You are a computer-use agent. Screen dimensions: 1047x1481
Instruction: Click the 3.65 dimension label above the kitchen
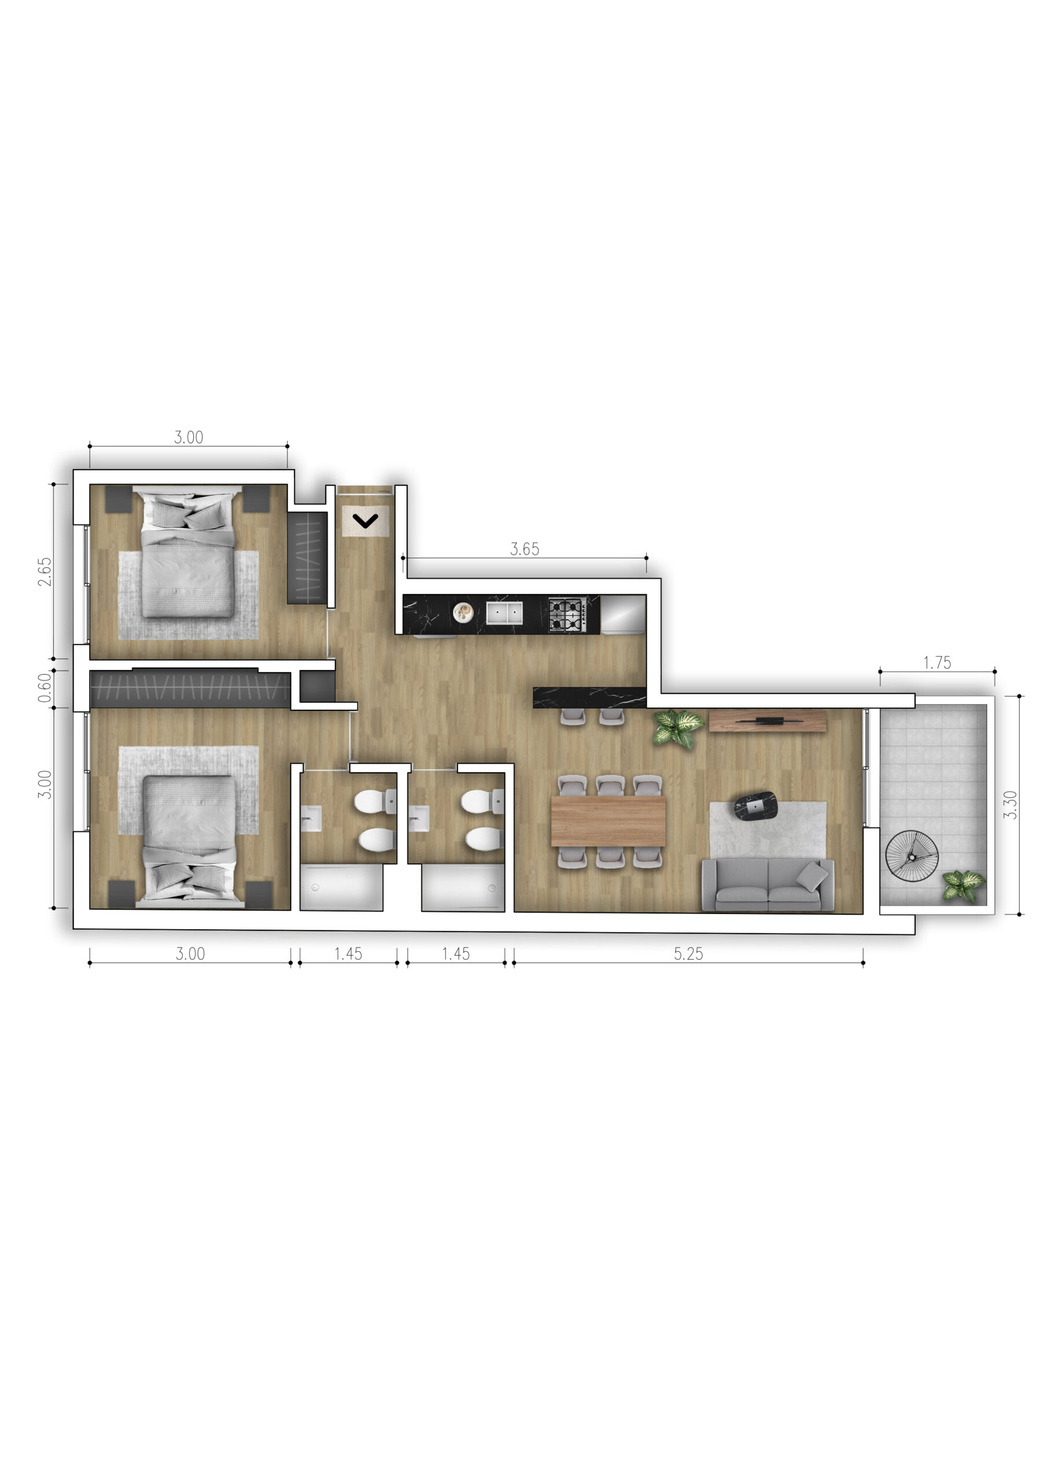pos(525,549)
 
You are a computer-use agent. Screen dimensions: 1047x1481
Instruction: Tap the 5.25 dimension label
pos(688,953)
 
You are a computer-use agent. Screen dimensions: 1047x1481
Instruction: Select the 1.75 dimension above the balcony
pos(937,662)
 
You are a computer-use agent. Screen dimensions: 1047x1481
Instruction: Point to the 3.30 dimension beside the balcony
pos(1011,805)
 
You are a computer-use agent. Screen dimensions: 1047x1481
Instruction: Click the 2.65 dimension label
pos(44,572)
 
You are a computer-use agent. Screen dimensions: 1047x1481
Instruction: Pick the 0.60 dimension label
pos(44,688)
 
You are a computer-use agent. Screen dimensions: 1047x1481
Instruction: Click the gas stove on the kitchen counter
pos(567,614)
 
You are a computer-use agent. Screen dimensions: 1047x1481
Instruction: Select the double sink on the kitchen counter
pos(504,613)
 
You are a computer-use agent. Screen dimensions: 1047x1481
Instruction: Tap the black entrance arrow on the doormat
pos(366,521)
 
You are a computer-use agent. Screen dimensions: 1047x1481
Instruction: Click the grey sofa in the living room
pos(768,885)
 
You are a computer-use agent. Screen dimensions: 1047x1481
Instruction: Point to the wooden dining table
pos(609,820)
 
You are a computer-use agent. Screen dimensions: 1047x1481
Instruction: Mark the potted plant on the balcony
pos(964,885)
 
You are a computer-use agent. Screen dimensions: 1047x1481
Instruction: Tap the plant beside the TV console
pos(677,729)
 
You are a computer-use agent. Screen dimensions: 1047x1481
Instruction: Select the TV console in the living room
pos(768,721)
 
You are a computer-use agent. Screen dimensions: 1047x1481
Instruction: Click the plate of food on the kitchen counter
pos(463,611)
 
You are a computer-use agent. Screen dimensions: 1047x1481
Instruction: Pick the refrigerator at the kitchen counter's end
pos(623,614)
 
